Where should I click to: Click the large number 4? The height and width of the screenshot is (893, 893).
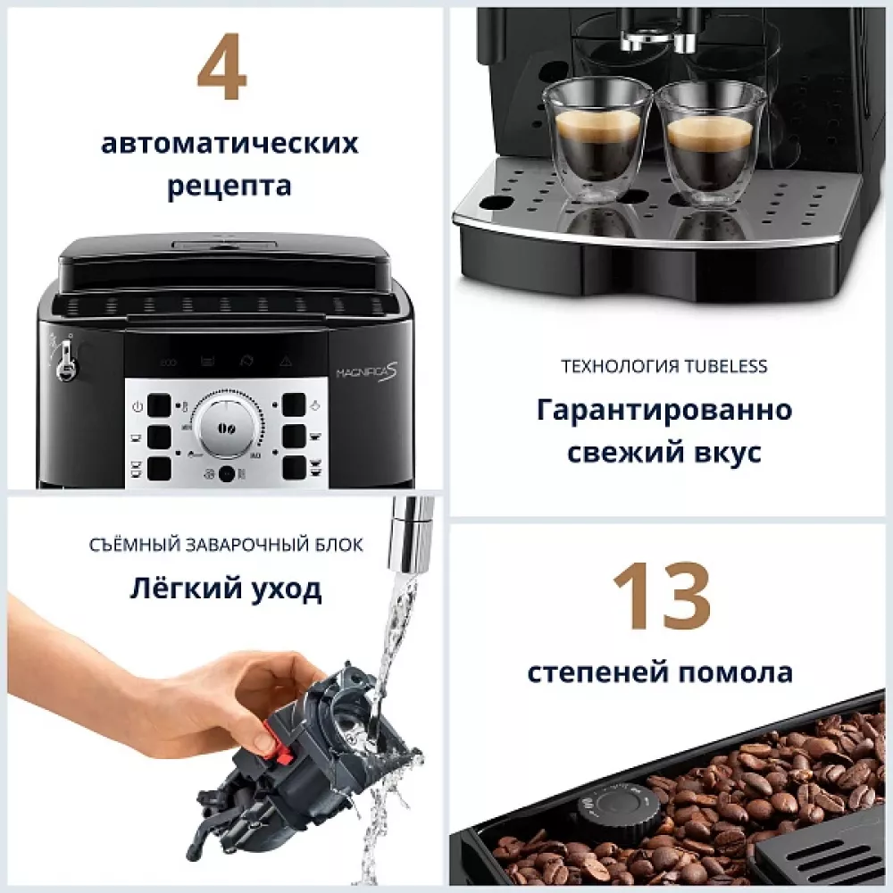(221, 71)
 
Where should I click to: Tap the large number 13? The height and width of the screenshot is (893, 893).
(661, 597)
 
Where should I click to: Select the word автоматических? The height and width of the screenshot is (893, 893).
(230, 144)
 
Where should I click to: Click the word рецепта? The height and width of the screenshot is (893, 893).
(230, 186)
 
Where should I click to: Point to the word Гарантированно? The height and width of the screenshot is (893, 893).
(663, 410)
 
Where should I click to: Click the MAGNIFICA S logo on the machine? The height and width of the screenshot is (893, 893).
(366, 371)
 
